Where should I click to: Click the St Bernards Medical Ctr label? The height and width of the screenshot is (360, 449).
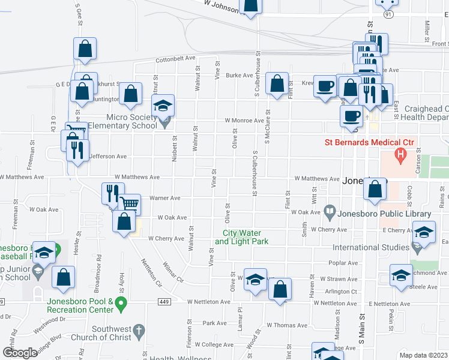(x=370, y=142)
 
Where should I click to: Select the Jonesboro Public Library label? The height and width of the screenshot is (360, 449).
(x=384, y=214)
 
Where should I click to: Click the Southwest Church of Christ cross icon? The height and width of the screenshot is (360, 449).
(x=138, y=330)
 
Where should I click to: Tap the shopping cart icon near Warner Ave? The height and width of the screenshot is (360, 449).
(x=130, y=204)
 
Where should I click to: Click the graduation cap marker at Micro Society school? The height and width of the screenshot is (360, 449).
(x=162, y=106)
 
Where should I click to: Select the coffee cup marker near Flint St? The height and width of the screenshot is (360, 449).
(x=325, y=86)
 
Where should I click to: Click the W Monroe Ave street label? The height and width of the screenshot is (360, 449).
(x=244, y=121)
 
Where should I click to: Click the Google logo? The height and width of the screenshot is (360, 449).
(x=20, y=353)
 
